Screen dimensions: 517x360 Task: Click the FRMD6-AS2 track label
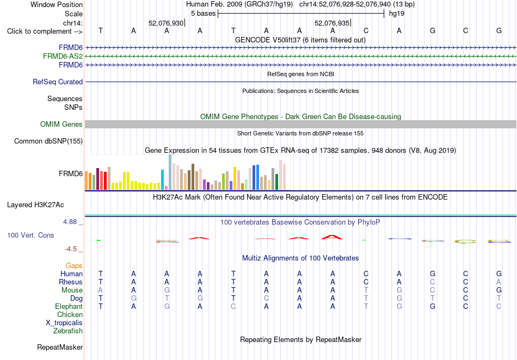coord(63,57)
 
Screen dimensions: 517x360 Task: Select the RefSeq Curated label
coord(58,82)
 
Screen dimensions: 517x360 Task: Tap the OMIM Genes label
coord(61,124)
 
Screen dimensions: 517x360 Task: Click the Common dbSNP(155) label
coord(48,141)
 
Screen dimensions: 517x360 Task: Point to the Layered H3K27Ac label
coord(35,205)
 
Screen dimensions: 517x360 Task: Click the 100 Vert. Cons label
coord(30,235)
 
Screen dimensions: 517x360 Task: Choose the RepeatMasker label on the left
coord(60,347)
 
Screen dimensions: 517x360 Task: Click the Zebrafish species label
coord(68,331)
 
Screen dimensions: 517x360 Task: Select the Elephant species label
coord(69,306)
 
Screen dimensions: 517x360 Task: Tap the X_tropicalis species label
coord(64,323)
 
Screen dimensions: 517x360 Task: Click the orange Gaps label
coord(74,265)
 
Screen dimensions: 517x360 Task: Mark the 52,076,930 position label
coord(166,23)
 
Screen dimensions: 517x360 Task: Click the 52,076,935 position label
coord(332,23)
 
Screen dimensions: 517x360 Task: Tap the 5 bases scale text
coord(203,14)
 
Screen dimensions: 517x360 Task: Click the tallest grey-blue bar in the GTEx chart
coord(170,172)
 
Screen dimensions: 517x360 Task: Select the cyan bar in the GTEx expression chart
coord(162,180)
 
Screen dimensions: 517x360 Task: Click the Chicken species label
coord(70,314)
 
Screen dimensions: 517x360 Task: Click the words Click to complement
coord(39,32)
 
